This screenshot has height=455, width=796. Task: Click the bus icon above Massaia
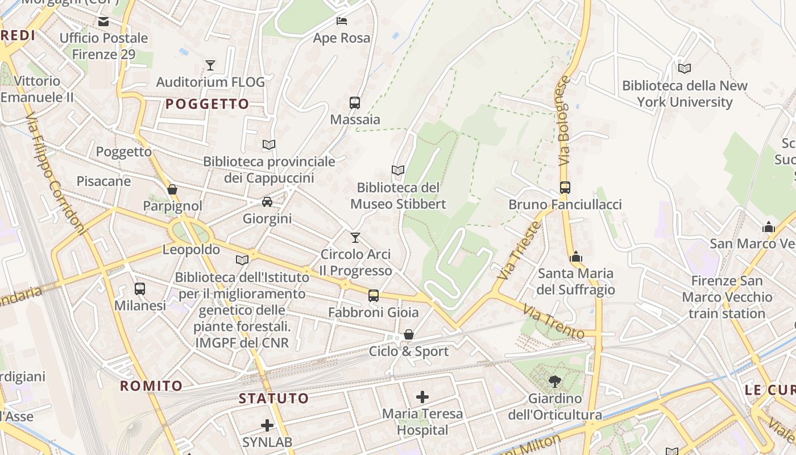[x=355, y=103]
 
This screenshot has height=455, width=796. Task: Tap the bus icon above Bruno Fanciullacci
[x=565, y=188]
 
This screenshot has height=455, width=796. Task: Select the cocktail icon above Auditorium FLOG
[x=210, y=65]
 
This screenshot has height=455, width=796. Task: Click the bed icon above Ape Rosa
[x=342, y=21]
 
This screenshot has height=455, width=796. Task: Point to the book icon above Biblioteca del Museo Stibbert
[x=398, y=170]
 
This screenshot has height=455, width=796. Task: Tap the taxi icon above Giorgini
[x=267, y=202]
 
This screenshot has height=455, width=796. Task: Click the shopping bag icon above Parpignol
[x=172, y=189]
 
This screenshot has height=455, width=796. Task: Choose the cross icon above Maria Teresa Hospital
[x=422, y=397]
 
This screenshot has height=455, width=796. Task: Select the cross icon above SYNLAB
[x=267, y=425]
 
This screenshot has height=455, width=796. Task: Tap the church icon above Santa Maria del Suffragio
[x=576, y=257]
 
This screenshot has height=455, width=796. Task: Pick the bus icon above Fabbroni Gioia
[x=373, y=296]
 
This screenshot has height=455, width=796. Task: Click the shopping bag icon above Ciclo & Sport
[x=409, y=335]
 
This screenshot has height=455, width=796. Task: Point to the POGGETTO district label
[x=208, y=104]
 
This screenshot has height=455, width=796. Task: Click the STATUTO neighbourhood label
[x=273, y=398]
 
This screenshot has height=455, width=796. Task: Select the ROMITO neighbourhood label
[x=151, y=386]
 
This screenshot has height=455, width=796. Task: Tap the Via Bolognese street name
[x=563, y=121]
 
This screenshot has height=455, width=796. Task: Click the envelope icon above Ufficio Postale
[x=103, y=22]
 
